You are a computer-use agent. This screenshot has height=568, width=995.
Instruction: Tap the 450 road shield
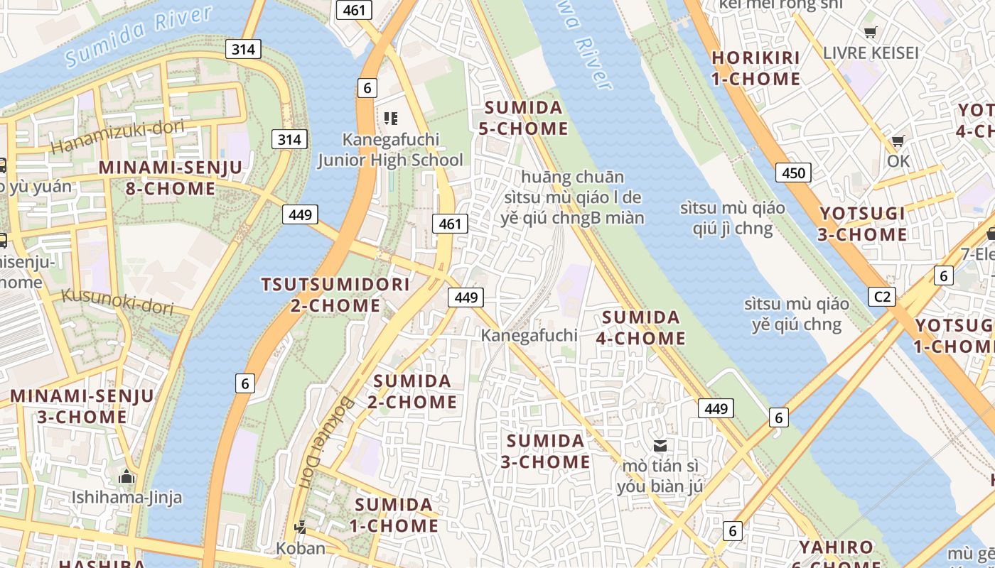pyautogui.click(x=793, y=173)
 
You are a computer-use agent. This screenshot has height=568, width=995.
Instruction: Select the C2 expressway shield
pyautogui.click(x=881, y=296)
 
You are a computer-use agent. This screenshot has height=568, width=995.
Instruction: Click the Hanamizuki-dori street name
pyautogui.click(x=118, y=136)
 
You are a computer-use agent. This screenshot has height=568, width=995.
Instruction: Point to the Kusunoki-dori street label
pyautogui.click(x=117, y=301)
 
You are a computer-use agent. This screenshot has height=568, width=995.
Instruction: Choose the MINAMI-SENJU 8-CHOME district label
pyautogui.click(x=171, y=178)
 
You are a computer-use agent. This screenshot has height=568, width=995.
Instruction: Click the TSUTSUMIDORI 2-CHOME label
pyautogui.click(x=335, y=295)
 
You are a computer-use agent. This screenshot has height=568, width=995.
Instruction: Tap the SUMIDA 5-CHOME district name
pyautogui.click(x=526, y=118)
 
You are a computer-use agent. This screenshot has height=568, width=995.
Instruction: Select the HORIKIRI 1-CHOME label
pyautogui.click(x=756, y=68)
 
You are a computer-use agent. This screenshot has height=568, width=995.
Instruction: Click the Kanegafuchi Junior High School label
pyautogui.click(x=390, y=150)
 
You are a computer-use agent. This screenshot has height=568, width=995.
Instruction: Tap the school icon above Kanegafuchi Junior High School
pyautogui.click(x=390, y=118)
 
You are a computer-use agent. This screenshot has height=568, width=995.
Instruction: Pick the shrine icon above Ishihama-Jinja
pyautogui.click(x=127, y=476)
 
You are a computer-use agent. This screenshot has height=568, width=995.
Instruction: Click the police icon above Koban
pyautogui.click(x=301, y=527)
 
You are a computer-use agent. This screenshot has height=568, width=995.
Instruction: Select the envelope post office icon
pyautogui.click(x=660, y=445)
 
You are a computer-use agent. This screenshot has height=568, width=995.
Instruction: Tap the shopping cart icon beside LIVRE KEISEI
pyautogui.click(x=871, y=32)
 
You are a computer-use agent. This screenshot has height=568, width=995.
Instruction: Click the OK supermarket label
pyautogui.click(x=898, y=161)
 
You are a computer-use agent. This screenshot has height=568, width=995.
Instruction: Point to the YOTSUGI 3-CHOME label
pyautogui.click(x=863, y=224)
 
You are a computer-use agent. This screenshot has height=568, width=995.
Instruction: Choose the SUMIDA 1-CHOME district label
pyautogui.click(x=394, y=515)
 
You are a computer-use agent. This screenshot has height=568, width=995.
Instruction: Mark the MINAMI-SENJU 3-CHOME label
pyautogui.click(x=82, y=406)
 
